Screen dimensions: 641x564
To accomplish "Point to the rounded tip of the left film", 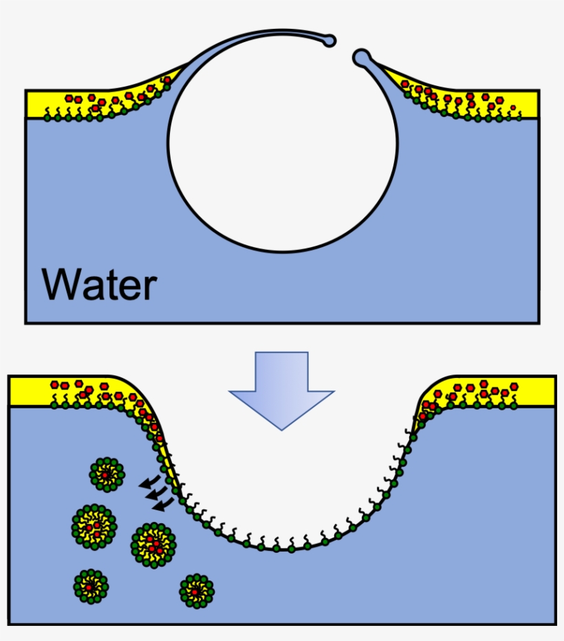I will [331, 41].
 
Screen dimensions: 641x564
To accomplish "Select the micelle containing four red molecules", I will [153, 545].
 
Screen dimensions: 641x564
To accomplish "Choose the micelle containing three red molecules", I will [94, 526].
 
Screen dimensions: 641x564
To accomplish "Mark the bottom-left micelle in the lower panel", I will [91, 586].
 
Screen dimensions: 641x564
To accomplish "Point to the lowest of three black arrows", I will [162, 506].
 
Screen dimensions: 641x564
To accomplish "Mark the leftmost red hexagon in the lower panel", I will [54, 384].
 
